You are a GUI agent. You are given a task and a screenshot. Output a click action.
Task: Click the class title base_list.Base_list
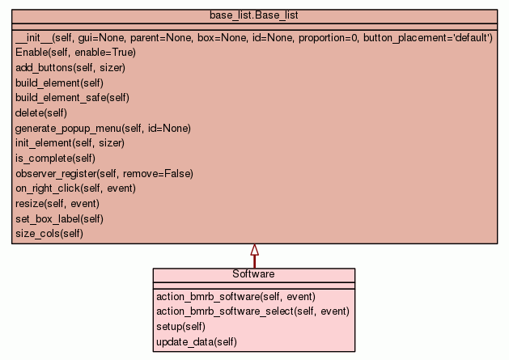[x=253, y=15]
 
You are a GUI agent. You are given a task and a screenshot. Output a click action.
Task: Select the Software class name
[x=253, y=274]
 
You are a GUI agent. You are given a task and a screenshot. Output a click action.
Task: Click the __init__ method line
[x=254, y=38]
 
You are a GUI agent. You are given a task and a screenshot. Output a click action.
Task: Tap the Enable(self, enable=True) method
[x=75, y=53]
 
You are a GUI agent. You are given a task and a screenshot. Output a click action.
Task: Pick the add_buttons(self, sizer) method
[x=70, y=67]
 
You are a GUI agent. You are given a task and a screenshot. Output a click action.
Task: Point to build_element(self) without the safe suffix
[x=59, y=83]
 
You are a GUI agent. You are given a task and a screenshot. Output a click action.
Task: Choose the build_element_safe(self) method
[x=72, y=98]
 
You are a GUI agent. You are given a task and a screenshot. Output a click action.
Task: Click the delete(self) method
[x=41, y=113]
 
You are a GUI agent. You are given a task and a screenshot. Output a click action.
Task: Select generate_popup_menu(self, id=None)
[x=103, y=128]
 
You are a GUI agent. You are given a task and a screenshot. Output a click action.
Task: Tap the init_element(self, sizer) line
[x=70, y=143]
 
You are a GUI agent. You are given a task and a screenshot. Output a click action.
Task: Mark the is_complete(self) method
[x=55, y=159]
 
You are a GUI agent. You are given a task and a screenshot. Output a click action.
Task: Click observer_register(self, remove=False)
[x=104, y=174]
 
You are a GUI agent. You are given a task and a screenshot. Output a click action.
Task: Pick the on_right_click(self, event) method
[x=75, y=188]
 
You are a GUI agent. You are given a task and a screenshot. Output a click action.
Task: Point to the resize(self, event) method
[x=57, y=204]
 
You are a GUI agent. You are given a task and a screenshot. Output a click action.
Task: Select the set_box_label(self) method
[x=59, y=218]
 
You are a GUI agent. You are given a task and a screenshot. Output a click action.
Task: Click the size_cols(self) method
[x=49, y=234]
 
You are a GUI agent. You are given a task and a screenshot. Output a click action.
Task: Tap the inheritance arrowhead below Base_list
[x=254, y=250]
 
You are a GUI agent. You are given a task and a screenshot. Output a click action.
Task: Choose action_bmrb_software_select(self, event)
[x=252, y=311]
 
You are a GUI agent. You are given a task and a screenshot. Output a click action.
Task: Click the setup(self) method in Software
[x=180, y=327]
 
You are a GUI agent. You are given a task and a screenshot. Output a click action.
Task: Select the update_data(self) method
[x=197, y=342]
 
